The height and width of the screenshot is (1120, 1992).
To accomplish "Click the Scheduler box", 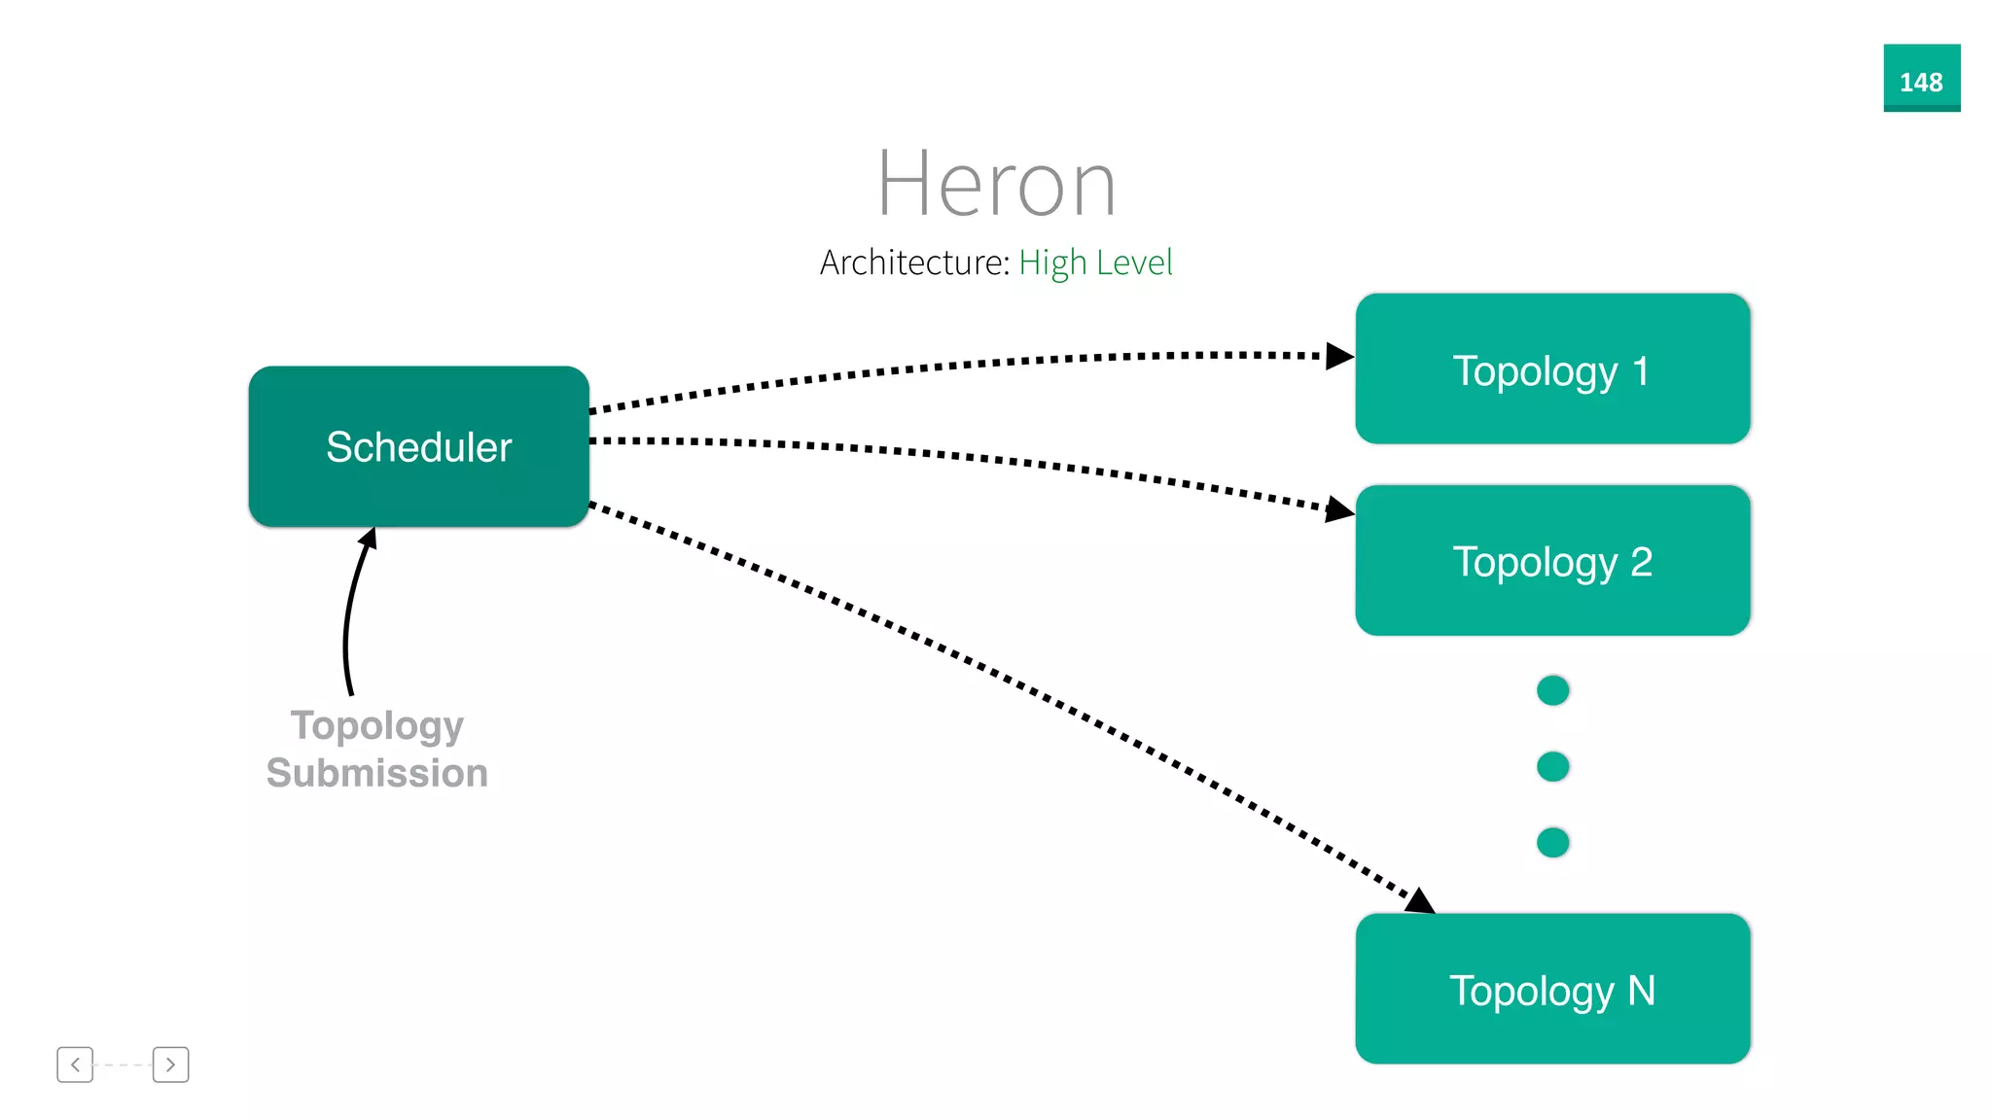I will pos(418,446).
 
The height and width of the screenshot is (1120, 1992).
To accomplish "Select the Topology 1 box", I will pos(1551,369).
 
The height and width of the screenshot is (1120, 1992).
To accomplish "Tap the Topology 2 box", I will pos(1551,561).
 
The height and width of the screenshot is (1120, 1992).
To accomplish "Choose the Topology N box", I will pos(1551,989).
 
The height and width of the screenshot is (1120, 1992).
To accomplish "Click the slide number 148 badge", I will pos(1921,79).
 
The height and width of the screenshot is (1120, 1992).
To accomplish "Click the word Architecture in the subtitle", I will pos(912,262).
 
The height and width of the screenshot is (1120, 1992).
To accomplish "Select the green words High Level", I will pos(1095,262).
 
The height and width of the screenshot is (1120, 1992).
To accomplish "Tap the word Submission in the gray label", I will pos(377,773).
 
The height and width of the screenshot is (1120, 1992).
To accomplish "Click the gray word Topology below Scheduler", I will pos(377,725).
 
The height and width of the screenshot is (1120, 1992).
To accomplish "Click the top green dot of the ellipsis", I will pos(1552,690).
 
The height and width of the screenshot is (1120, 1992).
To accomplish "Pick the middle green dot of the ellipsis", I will pos(1552,766).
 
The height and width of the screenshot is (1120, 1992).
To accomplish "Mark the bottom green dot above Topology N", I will pos(1552,842).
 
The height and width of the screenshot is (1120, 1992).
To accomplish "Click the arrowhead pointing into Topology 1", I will pos(1338,356).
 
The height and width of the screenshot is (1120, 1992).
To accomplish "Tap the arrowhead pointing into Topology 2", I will pos(1338,509).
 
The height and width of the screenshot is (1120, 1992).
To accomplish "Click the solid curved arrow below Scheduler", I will pos(349,622).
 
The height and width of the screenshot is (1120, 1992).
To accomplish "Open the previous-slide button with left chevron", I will pos(75,1065).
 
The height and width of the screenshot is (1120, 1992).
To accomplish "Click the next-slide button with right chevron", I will pos(170,1065).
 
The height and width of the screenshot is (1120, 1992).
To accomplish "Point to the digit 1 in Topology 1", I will pos(1640,370).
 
